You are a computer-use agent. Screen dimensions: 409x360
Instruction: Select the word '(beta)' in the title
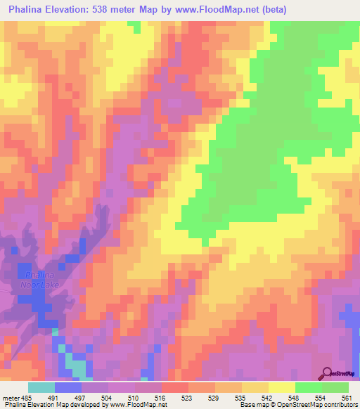[271, 8]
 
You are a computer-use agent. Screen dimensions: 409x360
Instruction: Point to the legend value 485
[27, 397]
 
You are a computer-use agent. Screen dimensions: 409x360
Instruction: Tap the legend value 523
[187, 397]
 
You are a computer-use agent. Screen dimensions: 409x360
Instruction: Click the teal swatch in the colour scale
[41, 387]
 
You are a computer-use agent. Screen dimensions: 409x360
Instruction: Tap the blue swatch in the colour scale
[68, 387]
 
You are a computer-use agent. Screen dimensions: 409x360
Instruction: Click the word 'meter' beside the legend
[11, 397]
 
